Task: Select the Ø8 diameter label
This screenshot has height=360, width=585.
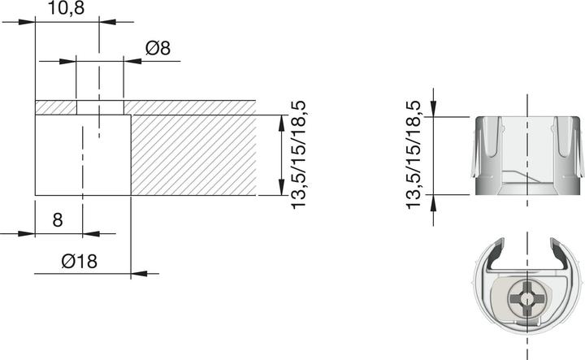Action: pyautogui.click(x=158, y=48)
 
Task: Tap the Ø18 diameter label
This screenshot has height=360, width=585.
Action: pyautogui.click(x=79, y=261)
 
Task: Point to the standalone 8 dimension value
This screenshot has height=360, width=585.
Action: pyautogui.click(x=57, y=219)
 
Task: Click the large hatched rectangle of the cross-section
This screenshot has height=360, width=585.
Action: pyautogui.click(x=193, y=154)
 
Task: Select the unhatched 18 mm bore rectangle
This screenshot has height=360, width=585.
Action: pyautogui.click(x=83, y=154)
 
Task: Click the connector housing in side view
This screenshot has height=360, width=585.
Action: pyautogui.click(x=528, y=154)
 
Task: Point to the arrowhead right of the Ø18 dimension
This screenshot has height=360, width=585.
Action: pyautogui.click(x=140, y=273)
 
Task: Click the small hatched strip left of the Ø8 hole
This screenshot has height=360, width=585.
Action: pyautogui.click(x=55, y=107)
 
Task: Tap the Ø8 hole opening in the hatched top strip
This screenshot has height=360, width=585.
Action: pyautogui.click(x=99, y=107)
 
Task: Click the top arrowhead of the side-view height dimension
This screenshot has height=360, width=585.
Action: pyautogui.click(x=434, y=110)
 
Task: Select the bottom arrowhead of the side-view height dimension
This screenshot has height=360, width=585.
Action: pyautogui.click(x=434, y=200)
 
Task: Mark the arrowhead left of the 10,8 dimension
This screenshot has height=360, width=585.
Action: pyautogui.click(x=28, y=22)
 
